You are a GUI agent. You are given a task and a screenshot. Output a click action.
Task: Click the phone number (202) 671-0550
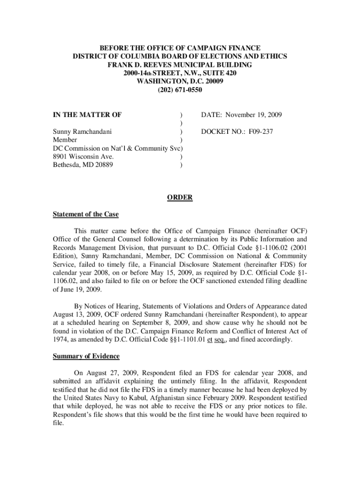pos(180,89)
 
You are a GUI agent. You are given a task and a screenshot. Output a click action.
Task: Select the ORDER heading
pos(180,198)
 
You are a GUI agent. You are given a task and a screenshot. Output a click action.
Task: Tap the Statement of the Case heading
pos(86,215)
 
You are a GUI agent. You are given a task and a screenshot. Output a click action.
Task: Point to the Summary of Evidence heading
pos(86,356)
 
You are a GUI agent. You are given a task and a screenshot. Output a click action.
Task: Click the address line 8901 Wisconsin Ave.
pos(83,157)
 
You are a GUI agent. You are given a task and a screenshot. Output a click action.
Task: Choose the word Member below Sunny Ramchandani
pos(65,140)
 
